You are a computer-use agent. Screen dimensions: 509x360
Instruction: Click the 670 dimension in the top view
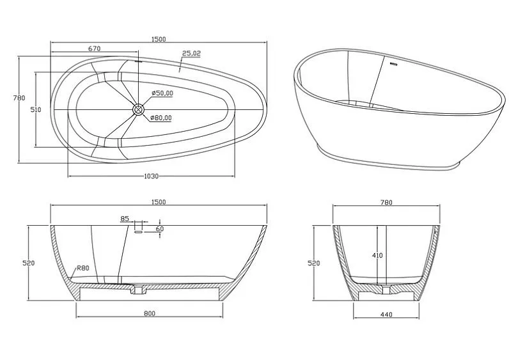(x=94, y=49)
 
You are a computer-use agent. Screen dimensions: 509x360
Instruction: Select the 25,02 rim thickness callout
(x=192, y=53)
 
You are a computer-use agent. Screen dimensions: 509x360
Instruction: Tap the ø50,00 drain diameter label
(x=162, y=93)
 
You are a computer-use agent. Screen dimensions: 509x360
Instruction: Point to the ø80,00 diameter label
(x=161, y=118)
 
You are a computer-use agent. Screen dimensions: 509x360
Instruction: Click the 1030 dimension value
(x=152, y=176)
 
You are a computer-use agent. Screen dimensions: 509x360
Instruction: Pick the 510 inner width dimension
(x=36, y=110)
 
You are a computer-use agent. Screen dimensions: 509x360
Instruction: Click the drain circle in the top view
(x=138, y=109)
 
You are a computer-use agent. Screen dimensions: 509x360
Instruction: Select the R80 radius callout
(x=82, y=268)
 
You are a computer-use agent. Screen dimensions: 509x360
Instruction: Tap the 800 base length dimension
(x=150, y=313)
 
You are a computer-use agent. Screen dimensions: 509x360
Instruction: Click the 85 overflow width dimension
(x=125, y=219)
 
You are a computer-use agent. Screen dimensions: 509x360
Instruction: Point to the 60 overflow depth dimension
(x=160, y=229)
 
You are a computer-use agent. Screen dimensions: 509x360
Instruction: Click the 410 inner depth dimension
(x=377, y=256)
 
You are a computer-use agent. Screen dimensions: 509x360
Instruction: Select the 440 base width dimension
(x=386, y=314)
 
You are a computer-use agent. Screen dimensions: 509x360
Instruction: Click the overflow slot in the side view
(x=138, y=232)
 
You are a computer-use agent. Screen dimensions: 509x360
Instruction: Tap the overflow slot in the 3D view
(x=394, y=64)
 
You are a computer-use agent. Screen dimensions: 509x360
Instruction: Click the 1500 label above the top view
(x=159, y=39)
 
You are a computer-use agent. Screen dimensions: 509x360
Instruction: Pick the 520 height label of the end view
(x=314, y=263)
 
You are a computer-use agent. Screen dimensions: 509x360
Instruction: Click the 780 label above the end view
(x=386, y=203)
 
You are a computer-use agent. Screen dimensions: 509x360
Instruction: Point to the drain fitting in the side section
(x=139, y=290)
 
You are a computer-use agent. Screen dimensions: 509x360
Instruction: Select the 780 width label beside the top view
(x=19, y=98)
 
